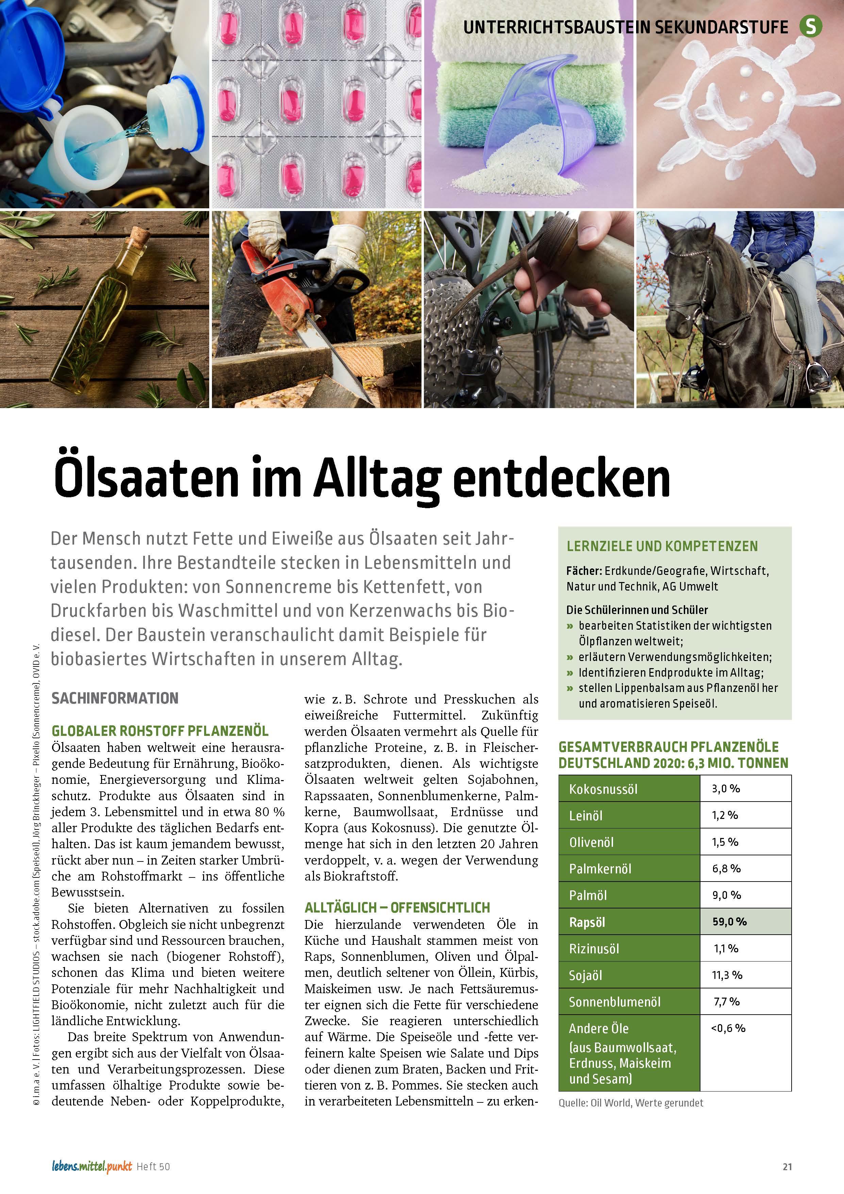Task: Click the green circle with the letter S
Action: (x=810, y=26)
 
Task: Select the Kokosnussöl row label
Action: (x=603, y=789)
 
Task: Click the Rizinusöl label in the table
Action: (x=594, y=949)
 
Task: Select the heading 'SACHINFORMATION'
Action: (x=115, y=698)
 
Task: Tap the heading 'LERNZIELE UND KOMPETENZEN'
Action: (x=662, y=546)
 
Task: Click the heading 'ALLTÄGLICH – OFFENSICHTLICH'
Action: (x=397, y=907)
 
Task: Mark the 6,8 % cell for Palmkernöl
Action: (x=726, y=869)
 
